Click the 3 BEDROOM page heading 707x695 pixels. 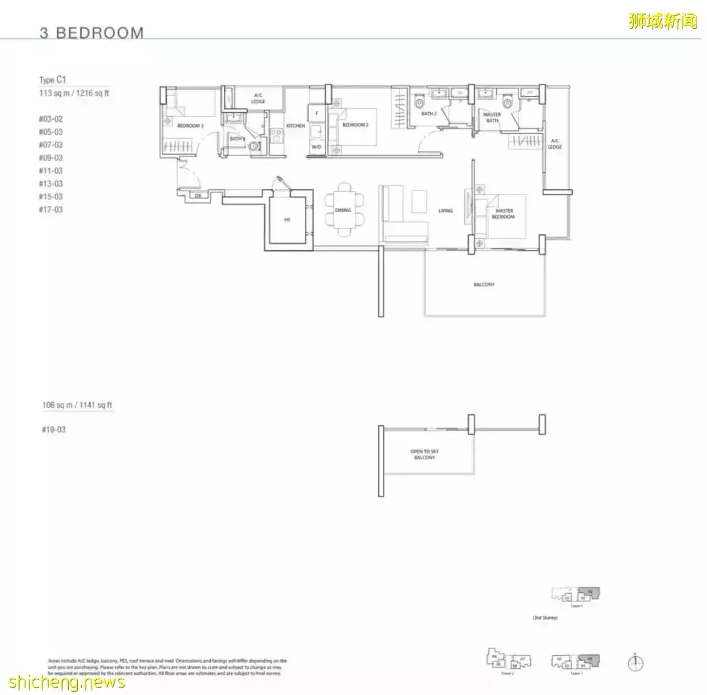tap(92, 33)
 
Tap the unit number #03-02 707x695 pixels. tap(50, 119)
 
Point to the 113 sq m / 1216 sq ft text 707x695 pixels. tap(74, 94)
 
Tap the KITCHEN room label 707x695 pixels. tap(295, 126)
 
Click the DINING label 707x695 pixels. tap(342, 210)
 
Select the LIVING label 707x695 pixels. tap(446, 211)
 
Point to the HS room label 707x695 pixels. tap(287, 220)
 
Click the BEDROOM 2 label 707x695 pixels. tap(355, 124)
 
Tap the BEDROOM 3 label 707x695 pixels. tap(190, 125)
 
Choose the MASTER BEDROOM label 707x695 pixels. tap(504, 214)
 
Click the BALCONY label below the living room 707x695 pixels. tap(484, 285)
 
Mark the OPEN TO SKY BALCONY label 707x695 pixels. tap(424, 455)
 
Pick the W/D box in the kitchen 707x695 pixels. tap(316, 147)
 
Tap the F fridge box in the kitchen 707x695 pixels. tap(317, 113)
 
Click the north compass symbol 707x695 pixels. tap(635, 663)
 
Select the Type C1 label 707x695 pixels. tap(53, 80)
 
